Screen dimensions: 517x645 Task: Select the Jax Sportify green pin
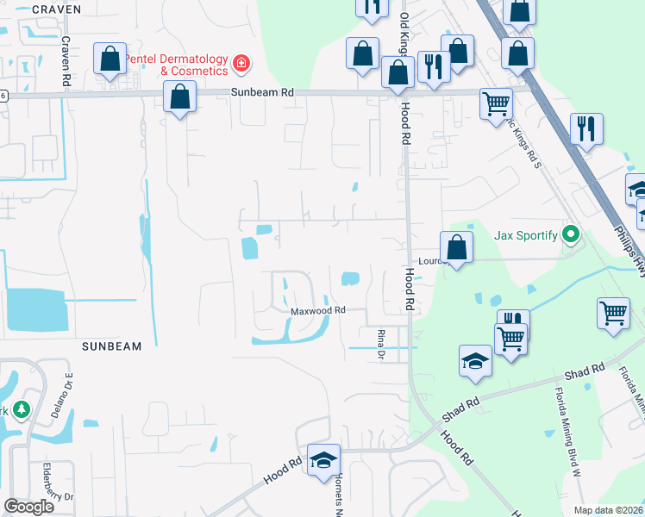(570, 234)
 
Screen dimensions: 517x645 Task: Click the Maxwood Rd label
(317, 310)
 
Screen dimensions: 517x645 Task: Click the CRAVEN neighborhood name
(56, 9)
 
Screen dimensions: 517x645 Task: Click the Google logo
(28, 507)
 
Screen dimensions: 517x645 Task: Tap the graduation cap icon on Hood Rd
(324, 460)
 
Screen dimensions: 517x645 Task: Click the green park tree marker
(22, 410)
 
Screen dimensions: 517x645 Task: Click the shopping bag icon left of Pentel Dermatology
(110, 59)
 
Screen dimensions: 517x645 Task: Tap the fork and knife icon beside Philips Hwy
(586, 129)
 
